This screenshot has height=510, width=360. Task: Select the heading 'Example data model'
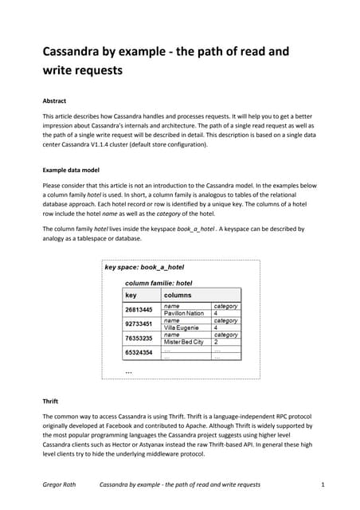(77, 170)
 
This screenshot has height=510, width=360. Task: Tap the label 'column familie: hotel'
(159, 282)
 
